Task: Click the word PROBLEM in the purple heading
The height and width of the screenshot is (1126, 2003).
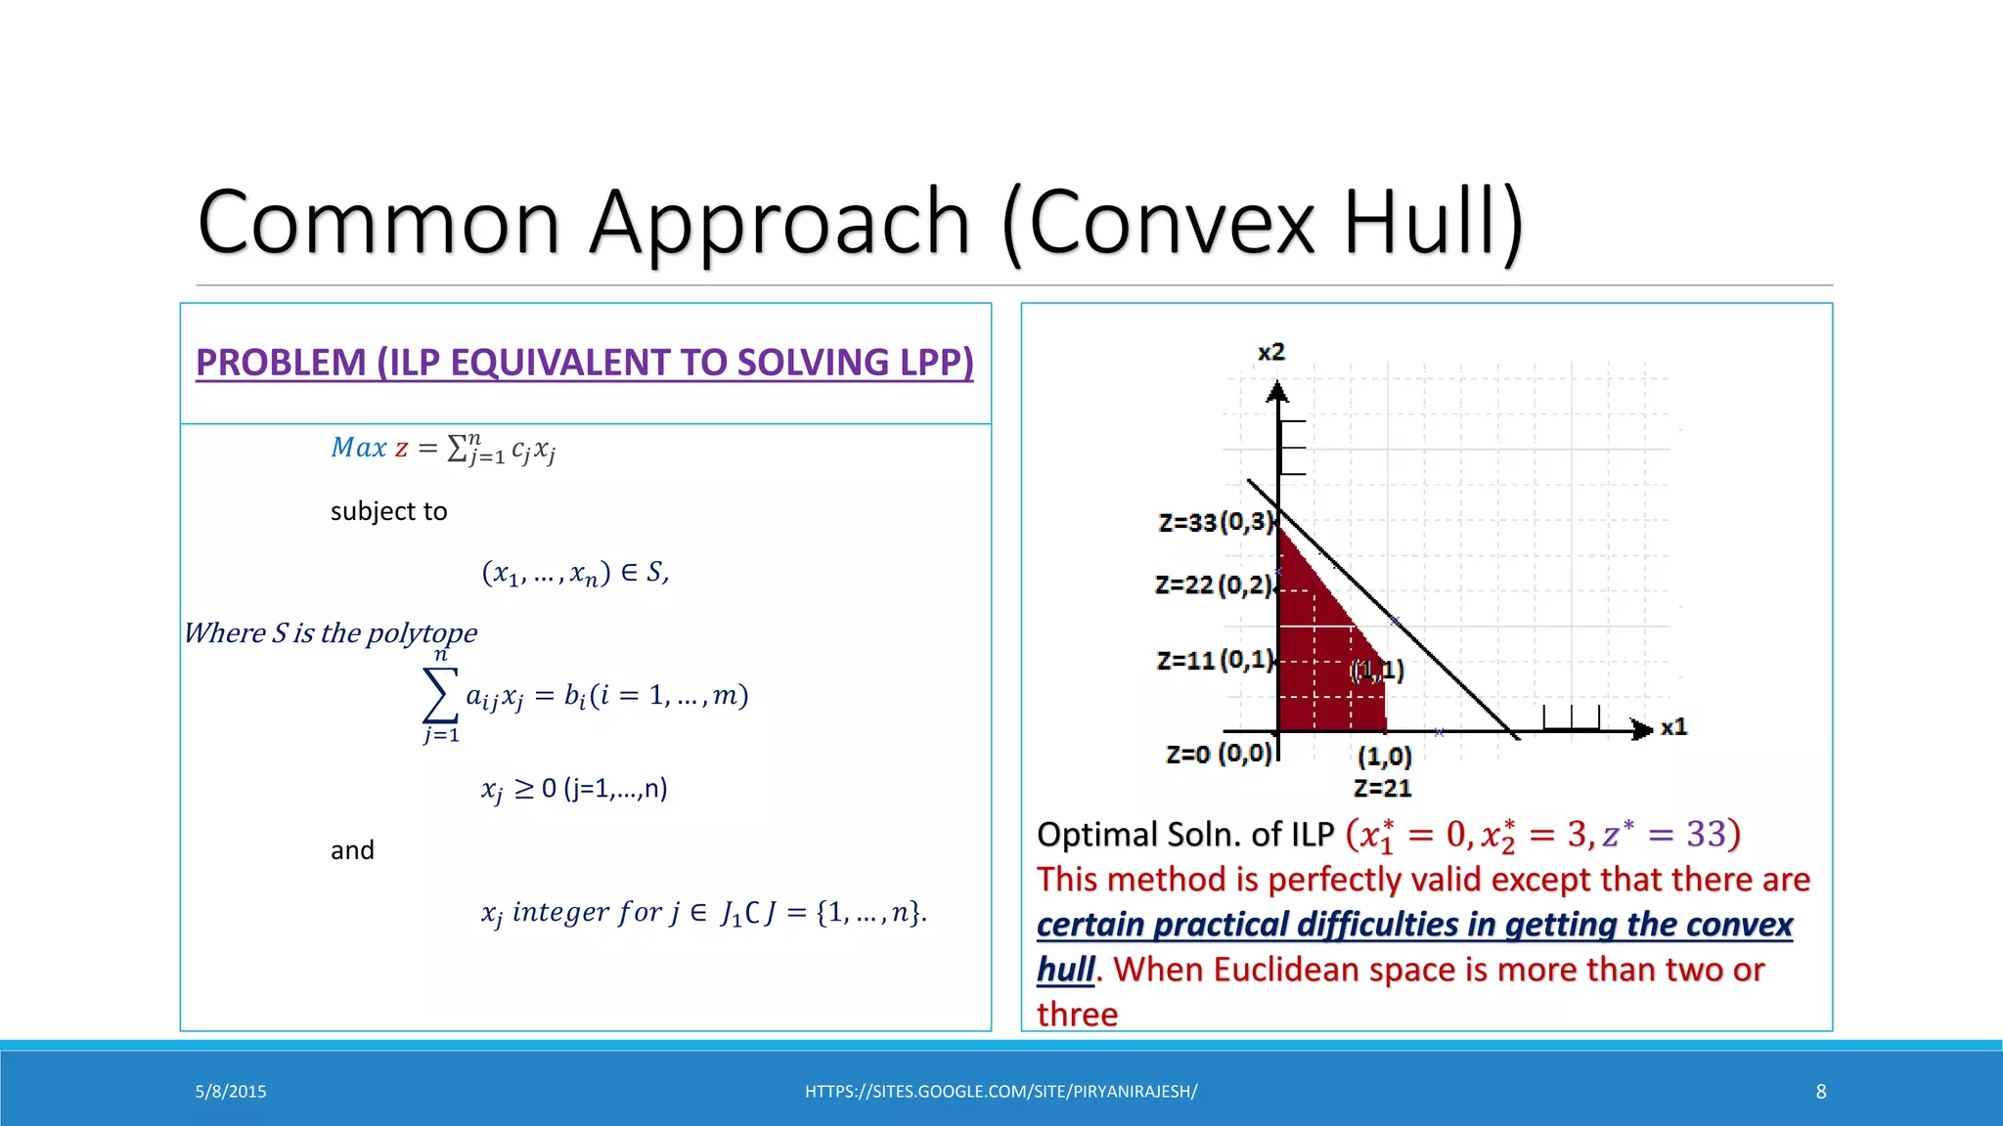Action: pos(280,363)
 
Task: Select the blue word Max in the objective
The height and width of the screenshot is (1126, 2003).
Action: pos(358,448)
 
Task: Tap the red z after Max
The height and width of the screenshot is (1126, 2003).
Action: pos(401,449)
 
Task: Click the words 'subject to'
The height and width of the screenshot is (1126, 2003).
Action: pos(388,511)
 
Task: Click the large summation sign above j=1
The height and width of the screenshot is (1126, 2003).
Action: pos(439,694)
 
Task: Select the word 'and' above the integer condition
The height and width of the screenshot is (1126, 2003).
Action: pos(352,850)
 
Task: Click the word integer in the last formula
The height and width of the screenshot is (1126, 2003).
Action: pos(560,912)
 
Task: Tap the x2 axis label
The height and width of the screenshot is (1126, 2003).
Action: pos(1270,352)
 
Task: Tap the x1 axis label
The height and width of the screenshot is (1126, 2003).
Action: pos(1673,727)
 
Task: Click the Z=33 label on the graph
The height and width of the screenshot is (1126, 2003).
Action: pos(1186,523)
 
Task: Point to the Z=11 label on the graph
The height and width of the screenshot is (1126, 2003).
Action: pos(1185,661)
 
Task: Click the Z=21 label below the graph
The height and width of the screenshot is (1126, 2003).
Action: pos(1382,788)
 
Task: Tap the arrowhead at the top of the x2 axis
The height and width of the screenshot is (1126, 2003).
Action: pos(1277,393)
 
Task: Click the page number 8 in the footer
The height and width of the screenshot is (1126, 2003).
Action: pos(1820,1092)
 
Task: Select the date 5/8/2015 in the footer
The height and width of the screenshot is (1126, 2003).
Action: pos(231,1092)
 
